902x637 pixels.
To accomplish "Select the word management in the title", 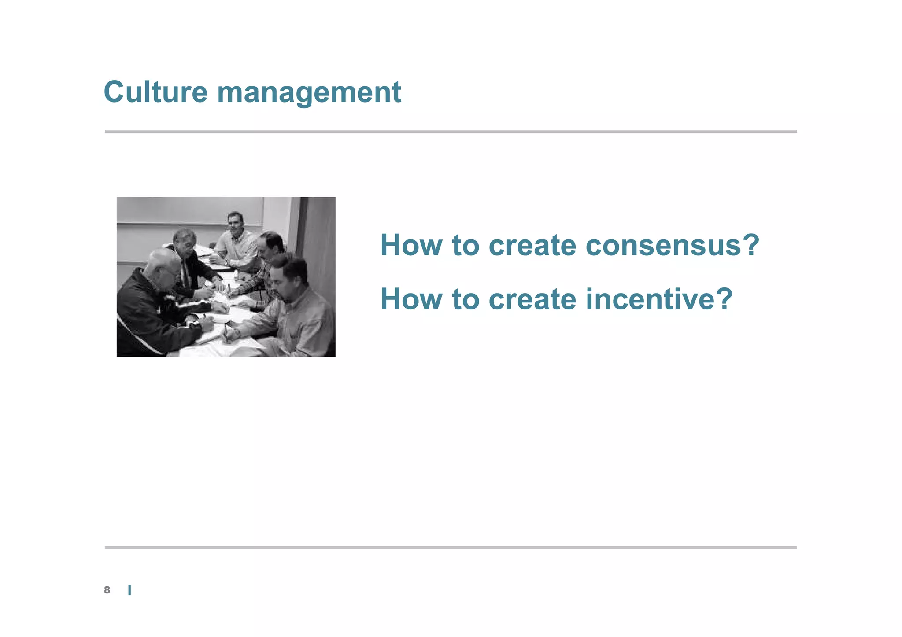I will (309, 93).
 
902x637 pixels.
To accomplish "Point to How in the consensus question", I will (411, 245).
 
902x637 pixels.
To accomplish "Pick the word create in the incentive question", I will (532, 299).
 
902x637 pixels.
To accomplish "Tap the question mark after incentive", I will (723, 299).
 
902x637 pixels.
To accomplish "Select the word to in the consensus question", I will (465, 245).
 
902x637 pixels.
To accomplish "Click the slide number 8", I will (107, 590).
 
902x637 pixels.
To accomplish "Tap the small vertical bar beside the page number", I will (129, 590).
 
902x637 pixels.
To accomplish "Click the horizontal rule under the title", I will (451, 131).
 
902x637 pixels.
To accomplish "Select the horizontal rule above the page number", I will (451, 547).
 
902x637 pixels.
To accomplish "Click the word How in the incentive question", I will (411, 299).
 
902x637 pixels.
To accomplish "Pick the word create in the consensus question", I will (532, 245).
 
